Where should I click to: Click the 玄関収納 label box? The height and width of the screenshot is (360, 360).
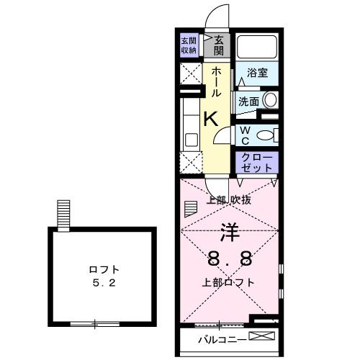point(189,45)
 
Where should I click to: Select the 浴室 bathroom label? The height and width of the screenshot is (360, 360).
point(258,73)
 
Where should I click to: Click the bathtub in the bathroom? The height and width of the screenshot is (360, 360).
point(257,47)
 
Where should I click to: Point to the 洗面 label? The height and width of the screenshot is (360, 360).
point(248,102)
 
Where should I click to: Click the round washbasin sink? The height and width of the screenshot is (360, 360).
point(270,101)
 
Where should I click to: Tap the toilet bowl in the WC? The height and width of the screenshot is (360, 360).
point(264,134)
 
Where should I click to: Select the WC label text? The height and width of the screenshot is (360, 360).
point(245,134)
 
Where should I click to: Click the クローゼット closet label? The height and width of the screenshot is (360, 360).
point(256,161)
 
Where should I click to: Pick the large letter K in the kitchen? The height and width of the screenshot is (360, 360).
point(210,120)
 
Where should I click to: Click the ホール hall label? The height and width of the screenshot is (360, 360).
point(216,81)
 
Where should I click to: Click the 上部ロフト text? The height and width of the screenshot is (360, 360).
point(228,282)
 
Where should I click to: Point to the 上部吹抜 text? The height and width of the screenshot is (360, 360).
point(229,200)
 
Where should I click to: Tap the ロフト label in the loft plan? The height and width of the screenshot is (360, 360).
point(104,269)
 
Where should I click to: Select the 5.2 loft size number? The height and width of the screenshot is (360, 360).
point(104,284)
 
